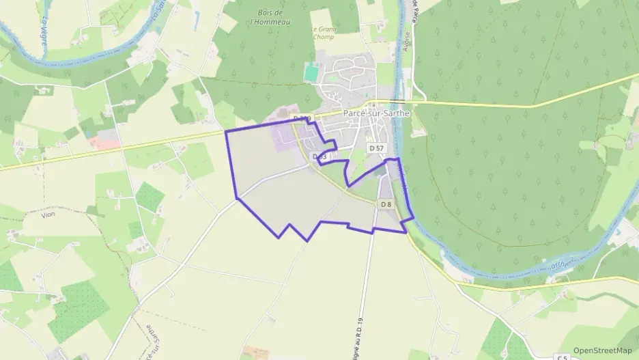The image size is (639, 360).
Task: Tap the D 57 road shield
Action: click(376, 148)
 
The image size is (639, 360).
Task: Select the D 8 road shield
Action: click(386, 204)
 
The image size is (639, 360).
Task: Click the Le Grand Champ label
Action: click(323, 33)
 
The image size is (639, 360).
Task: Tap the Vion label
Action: click(48, 214)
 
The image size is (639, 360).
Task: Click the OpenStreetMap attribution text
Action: click(602, 350)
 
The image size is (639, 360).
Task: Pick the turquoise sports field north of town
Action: click(311, 70)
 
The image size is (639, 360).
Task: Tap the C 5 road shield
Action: click(562, 357)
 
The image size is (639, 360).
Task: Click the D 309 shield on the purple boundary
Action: click(302, 120)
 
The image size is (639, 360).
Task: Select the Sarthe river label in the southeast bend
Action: click(558, 263)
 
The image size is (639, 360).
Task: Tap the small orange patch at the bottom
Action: click(256, 352)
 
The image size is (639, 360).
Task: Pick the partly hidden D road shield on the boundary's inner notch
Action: click(319, 157)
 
